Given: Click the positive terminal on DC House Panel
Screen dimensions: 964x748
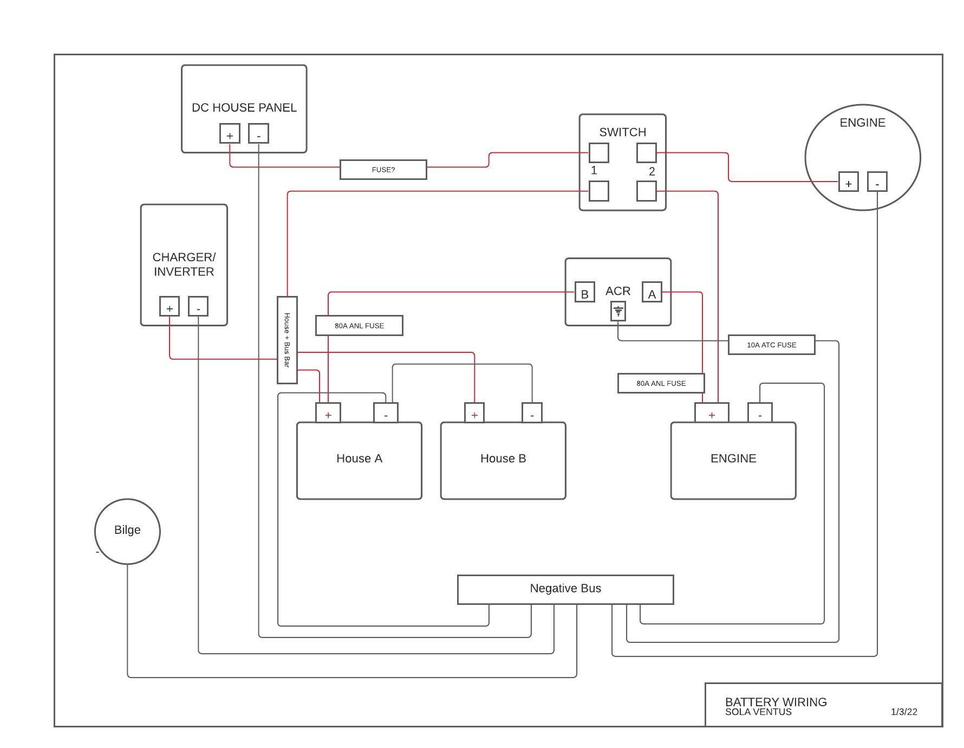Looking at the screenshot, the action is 230,133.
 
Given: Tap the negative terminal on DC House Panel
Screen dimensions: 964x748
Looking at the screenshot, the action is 258,133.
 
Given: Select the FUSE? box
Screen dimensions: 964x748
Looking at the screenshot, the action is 383,170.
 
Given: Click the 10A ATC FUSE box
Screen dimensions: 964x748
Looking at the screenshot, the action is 771,345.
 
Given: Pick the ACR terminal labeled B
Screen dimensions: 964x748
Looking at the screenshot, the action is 584,292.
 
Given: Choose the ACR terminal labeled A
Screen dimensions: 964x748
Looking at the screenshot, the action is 652,292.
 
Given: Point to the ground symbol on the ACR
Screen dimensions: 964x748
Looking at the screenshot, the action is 618,312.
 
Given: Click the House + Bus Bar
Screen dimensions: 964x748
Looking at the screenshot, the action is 287,340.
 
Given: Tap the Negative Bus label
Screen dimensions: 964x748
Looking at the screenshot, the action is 565,589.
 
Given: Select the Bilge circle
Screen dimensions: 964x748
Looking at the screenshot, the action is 127,531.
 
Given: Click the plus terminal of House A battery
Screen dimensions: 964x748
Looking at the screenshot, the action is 328,412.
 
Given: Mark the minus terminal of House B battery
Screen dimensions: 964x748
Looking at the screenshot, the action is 532,412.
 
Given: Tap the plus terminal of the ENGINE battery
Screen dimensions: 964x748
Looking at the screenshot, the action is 712,412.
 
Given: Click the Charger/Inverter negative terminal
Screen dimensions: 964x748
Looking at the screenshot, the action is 198,306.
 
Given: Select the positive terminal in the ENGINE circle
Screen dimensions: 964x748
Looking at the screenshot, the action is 849,182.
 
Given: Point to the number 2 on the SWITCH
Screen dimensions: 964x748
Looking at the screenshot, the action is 652,171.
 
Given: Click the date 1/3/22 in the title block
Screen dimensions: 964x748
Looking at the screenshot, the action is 904,712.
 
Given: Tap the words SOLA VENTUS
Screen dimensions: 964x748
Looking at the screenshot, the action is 758,712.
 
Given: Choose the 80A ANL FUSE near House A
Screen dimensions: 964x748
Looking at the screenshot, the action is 359,326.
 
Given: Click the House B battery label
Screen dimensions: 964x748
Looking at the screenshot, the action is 503,459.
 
